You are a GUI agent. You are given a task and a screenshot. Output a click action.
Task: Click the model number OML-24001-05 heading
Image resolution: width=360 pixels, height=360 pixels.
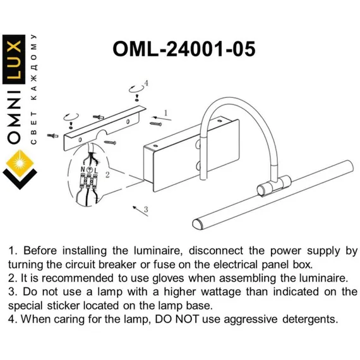184,49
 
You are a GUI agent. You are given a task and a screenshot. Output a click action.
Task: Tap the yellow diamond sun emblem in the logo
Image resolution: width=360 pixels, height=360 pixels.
20,163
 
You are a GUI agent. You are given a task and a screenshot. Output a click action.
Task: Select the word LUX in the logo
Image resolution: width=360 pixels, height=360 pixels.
14,59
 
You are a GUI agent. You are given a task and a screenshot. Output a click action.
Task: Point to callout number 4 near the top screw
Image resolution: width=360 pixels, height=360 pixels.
146,83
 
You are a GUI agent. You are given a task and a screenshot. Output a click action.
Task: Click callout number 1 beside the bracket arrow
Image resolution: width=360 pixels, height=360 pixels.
165,113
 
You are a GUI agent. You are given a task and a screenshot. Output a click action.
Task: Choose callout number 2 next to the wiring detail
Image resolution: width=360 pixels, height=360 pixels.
107,175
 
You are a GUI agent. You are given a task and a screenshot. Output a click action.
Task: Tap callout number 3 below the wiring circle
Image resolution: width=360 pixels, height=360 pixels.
146,210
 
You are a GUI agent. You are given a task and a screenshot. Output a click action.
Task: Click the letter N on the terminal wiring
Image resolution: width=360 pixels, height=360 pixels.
83,170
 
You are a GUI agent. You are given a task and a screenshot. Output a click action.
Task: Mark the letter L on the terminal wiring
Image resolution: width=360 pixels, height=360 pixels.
96,171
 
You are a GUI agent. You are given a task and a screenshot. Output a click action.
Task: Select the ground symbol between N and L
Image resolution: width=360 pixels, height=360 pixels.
90,170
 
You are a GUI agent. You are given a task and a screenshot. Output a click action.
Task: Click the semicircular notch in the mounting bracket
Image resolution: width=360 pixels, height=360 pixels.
102,134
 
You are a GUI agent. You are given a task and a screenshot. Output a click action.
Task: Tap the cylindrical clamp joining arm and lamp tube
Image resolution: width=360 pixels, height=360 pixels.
273,186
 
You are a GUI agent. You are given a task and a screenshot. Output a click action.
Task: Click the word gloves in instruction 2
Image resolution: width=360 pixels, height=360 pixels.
168,279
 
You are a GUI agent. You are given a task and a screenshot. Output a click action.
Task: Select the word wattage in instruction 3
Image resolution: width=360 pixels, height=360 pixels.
221,292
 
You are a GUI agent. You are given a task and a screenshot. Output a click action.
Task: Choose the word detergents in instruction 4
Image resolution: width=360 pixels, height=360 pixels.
310,320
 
